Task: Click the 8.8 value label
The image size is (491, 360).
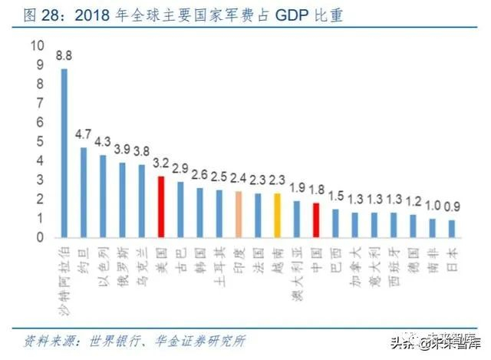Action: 64,55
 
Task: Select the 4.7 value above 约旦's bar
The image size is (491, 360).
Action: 83,135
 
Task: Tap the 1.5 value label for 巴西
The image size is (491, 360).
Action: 335,197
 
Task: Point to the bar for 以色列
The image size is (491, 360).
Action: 103,196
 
